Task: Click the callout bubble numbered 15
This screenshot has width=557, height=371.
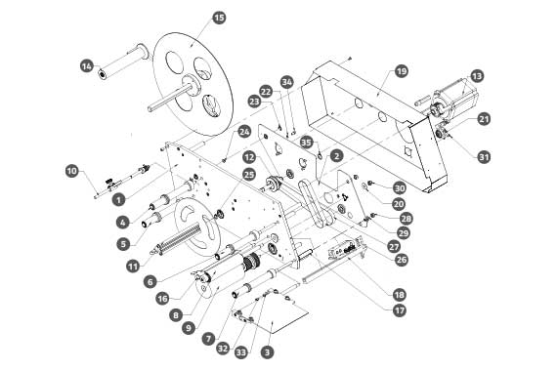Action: pyautogui.click(x=219, y=18)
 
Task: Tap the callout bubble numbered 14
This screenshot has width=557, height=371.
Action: pyautogui.click(x=87, y=66)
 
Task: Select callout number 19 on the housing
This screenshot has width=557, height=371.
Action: pyautogui.click(x=401, y=71)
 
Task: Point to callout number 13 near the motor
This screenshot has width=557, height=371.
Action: pyautogui.click(x=477, y=76)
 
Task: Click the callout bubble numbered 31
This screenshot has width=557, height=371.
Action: pyautogui.click(x=484, y=156)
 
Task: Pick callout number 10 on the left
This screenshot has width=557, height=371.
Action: pyautogui.click(x=71, y=171)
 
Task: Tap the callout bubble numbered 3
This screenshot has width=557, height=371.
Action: pyautogui.click(x=267, y=352)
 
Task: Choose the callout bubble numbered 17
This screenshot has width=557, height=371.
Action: pyautogui.click(x=400, y=310)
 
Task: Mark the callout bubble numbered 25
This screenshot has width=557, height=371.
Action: pyautogui.click(x=249, y=175)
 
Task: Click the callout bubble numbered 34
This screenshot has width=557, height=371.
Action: pyautogui.click(x=287, y=82)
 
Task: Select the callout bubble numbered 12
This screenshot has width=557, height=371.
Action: pyautogui.click(x=250, y=156)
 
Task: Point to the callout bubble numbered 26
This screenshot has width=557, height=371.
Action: pyautogui.click(x=402, y=260)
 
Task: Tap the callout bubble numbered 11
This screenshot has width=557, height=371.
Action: pyautogui.click(x=133, y=266)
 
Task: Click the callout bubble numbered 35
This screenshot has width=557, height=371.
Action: pyautogui.click(x=306, y=143)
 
